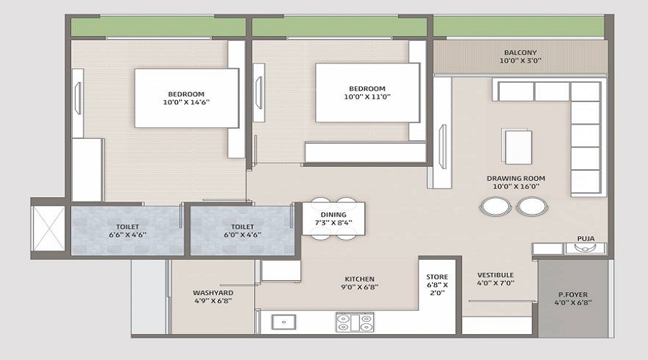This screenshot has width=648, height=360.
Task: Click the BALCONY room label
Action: (519, 53)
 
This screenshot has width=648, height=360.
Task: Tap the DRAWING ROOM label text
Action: (516, 178)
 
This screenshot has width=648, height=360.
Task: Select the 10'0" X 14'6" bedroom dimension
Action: (186, 102)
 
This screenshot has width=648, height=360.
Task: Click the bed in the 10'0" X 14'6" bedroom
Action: (186, 98)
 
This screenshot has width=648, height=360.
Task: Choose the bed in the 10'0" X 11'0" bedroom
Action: (366, 92)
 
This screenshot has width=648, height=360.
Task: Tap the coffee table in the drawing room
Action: (518, 146)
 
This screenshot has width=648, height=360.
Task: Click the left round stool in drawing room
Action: (493, 207)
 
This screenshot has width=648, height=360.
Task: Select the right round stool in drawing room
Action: (531, 207)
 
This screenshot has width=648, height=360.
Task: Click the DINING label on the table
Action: (333, 215)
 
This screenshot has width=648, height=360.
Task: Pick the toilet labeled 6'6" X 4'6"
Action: (127, 229)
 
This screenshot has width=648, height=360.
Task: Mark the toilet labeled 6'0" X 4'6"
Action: (240, 229)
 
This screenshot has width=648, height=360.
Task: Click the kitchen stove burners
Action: (355, 322)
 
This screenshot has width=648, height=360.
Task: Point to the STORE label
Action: (437, 277)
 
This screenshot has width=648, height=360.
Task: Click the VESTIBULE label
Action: (495, 275)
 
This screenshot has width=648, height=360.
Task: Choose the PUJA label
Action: (585, 238)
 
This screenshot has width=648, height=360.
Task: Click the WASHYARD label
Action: (213, 293)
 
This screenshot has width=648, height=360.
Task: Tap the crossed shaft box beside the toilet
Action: (50, 226)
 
